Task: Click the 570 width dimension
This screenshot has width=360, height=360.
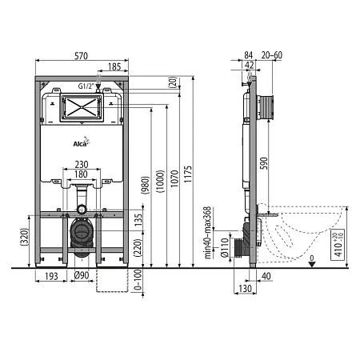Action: [x=81, y=56]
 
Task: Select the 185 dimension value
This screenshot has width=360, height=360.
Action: [x=114, y=66]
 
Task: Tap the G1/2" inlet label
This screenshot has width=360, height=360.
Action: [x=86, y=86]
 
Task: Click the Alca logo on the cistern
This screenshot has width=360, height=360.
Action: [x=82, y=142]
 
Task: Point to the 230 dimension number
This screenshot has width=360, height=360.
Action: [x=82, y=164]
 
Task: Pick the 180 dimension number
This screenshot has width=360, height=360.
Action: [x=81, y=174]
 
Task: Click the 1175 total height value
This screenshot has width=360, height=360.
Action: [x=188, y=174]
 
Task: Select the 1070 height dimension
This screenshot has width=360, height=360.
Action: [x=174, y=178]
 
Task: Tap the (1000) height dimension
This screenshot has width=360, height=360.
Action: [x=160, y=182]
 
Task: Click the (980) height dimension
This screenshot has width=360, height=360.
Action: [x=146, y=185]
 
